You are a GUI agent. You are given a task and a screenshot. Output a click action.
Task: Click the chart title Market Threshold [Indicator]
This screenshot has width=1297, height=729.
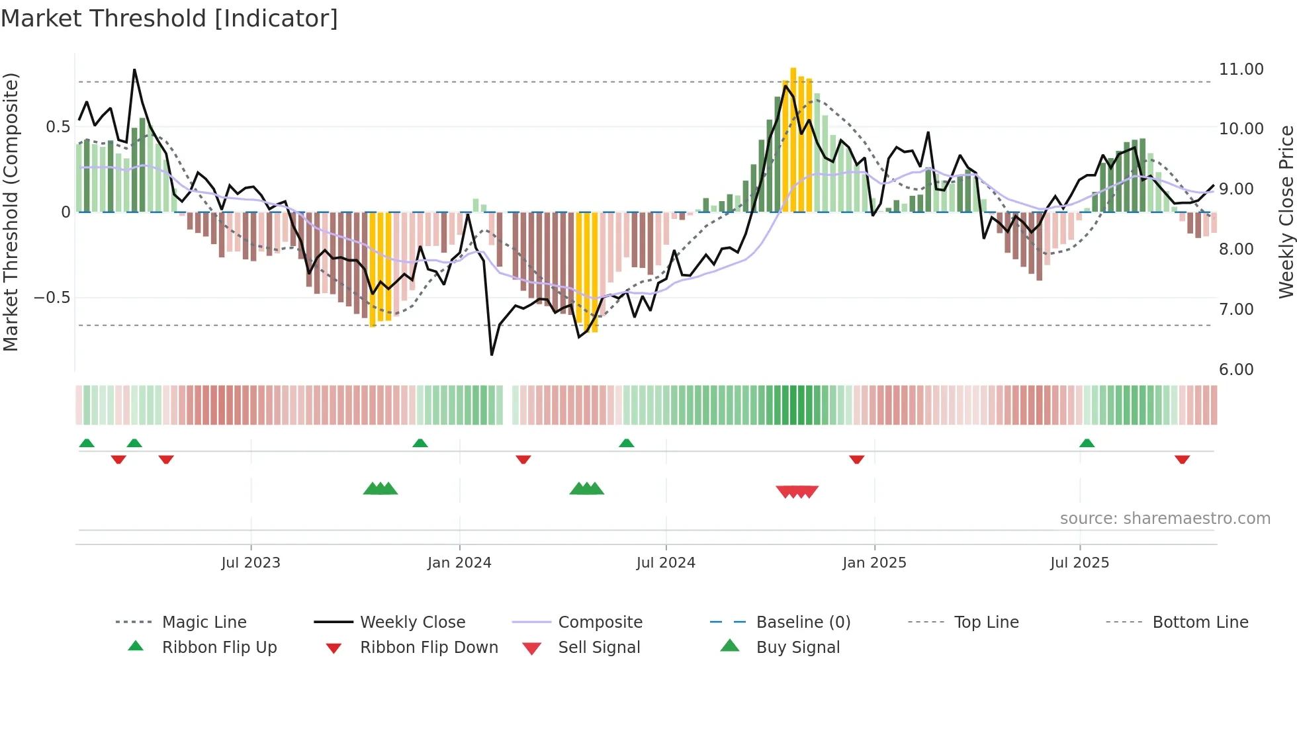click(x=169, y=19)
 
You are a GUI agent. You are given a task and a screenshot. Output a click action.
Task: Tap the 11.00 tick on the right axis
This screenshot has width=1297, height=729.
click(x=1241, y=69)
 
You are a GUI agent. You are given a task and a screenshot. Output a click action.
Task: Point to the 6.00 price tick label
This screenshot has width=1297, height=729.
click(x=1235, y=369)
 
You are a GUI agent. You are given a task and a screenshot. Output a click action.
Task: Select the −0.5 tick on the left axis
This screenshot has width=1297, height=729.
click(x=52, y=298)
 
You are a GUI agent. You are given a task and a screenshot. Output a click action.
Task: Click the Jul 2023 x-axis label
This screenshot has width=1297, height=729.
click(x=250, y=563)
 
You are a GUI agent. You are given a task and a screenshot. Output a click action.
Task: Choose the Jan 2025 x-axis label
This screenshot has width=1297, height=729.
click(x=873, y=563)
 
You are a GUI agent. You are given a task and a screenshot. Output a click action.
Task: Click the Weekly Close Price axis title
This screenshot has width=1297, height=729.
click(x=1286, y=212)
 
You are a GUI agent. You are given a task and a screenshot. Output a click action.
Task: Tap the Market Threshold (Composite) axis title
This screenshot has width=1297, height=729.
click(x=11, y=212)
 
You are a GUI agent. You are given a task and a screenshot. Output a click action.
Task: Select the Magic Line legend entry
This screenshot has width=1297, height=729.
click(x=204, y=622)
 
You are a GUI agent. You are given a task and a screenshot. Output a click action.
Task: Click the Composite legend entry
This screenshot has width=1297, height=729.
click(x=600, y=622)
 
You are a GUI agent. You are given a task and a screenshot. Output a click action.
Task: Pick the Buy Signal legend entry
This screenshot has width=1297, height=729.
click(x=797, y=648)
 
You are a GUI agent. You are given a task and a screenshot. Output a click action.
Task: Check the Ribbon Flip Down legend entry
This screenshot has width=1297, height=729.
click(x=428, y=648)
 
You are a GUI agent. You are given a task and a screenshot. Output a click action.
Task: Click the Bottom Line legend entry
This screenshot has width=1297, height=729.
click(x=1200, y=622)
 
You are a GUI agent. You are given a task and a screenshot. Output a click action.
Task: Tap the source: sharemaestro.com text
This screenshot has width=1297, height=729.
click(x=1165, y=519)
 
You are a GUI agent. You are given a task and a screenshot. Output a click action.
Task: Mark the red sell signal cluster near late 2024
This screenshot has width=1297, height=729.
click(x=797, y=492)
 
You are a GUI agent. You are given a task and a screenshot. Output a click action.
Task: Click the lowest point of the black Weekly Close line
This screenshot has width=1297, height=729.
click(x=492, y=355)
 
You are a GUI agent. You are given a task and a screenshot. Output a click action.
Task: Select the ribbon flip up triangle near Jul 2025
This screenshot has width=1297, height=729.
click(x=1087, y=443)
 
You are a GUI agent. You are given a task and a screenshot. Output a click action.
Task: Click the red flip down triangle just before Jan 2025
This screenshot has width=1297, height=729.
click(x=856, y=459)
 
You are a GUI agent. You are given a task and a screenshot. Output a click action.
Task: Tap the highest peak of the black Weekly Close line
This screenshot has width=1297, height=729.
click(x=134, y=69)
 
